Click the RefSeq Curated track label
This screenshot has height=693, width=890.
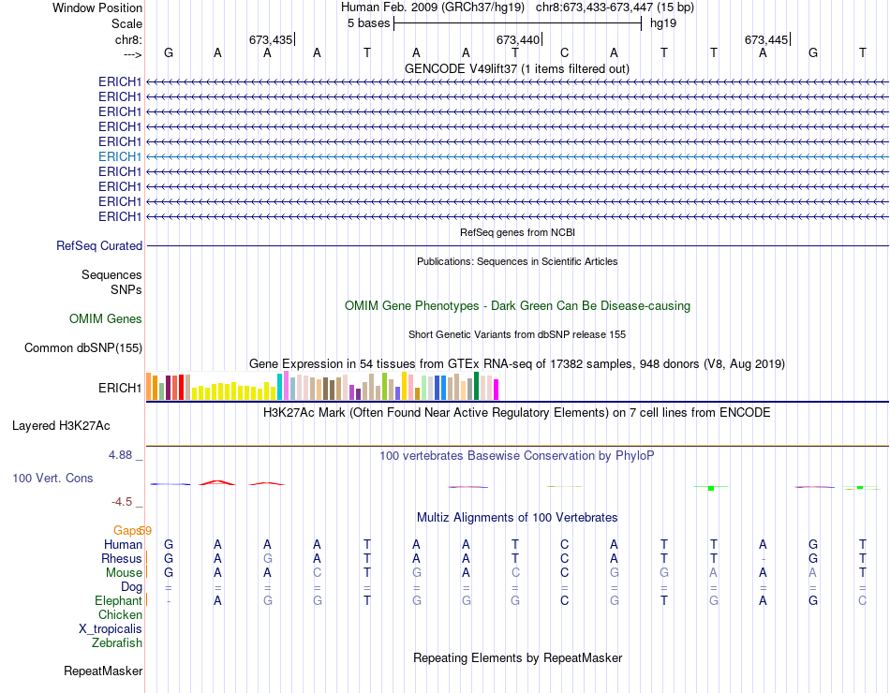99,246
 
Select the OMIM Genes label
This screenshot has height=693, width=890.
106,319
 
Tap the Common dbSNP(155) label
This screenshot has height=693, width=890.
82,348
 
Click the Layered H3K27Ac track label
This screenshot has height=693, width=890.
61,425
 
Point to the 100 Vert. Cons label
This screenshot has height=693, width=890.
52,479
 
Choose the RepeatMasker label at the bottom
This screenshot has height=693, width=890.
103,671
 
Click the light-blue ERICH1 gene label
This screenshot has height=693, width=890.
120,156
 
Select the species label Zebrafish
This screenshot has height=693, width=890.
117,643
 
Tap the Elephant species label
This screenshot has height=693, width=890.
118,600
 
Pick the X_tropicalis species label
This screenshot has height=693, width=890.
111,629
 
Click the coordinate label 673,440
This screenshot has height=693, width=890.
518,39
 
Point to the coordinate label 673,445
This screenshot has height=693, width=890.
766,39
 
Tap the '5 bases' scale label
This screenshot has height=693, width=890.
368,22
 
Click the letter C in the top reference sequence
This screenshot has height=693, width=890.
565,53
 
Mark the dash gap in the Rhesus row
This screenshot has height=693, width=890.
764,559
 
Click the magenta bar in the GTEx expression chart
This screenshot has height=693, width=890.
496,390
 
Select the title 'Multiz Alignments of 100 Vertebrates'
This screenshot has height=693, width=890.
517,518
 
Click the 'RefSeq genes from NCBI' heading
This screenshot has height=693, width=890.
517,232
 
